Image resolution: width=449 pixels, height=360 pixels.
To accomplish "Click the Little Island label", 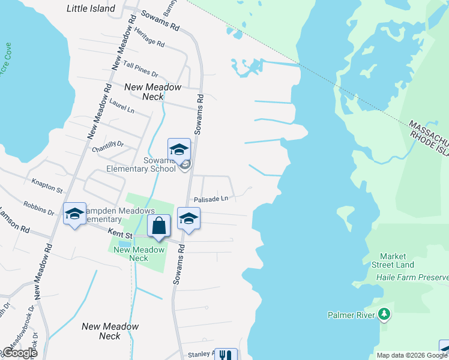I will click(x=91, y=9).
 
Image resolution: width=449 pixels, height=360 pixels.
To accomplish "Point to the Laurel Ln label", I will click(x=122, y=106).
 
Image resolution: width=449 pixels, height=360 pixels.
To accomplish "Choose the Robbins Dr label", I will click(x=39, y=207).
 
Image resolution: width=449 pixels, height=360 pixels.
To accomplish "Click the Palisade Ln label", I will click(x=210, y=199).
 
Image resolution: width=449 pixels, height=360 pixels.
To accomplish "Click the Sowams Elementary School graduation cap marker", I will click(x=179, y=149).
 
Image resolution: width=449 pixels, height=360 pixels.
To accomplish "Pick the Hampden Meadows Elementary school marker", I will click(x=74, y=214).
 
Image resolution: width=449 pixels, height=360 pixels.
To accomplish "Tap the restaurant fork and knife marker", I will click(x=226, y=355).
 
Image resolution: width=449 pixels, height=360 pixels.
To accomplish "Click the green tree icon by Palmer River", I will click(x=384, y=314).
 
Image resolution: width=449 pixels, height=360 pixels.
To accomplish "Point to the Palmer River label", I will click(x=351, y=314).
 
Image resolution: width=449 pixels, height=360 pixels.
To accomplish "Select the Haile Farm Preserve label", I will click(x=412, y=277).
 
